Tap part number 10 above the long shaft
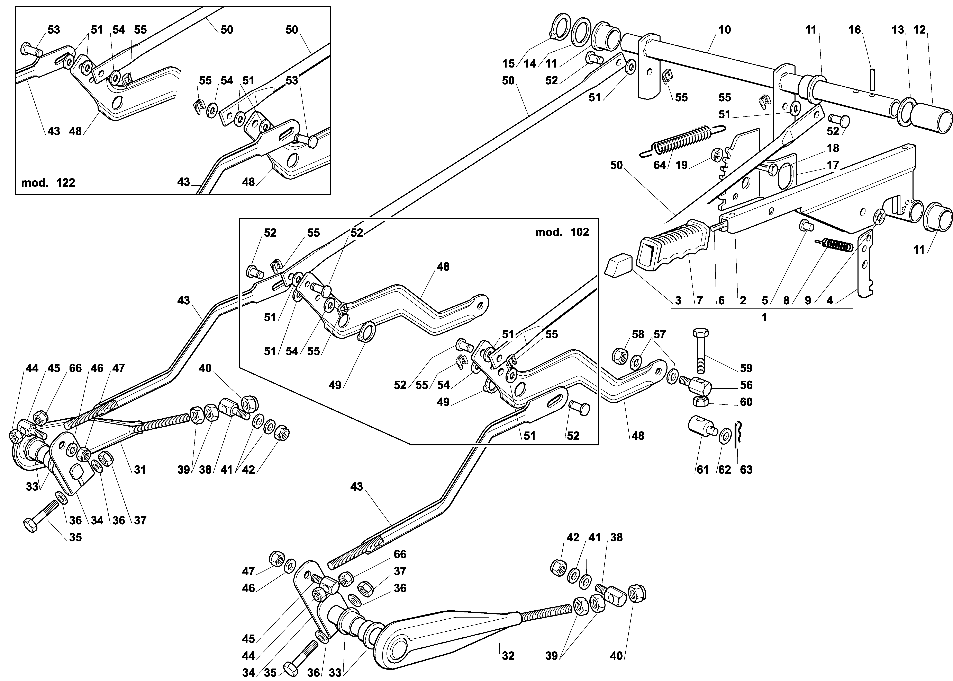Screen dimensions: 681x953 pos(724,30)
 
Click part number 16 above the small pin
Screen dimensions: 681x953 pos(855,30)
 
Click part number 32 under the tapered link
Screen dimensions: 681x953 pos(508,655)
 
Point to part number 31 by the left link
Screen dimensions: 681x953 pos(140,470)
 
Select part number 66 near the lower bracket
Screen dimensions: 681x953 pos(400,554)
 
